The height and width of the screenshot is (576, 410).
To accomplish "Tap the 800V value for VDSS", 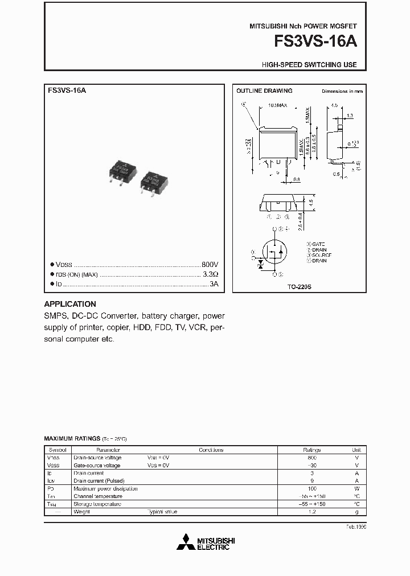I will (x=210, y=265).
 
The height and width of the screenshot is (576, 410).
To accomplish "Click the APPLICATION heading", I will (x=70, y=304).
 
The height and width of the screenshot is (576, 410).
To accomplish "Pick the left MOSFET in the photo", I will (x=124, y=171).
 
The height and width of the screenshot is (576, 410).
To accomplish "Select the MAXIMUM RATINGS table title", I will (x=72, y=439).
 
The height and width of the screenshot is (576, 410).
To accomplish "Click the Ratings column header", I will (x=312, y=450).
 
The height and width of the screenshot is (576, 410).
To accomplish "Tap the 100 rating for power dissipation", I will (x=312, y=488).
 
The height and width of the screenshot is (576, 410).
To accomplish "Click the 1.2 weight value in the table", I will (x=312, y=512).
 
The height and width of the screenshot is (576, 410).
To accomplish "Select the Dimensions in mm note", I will (x=342, y=91).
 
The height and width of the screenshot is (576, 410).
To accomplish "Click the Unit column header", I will (x=356, y=450).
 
